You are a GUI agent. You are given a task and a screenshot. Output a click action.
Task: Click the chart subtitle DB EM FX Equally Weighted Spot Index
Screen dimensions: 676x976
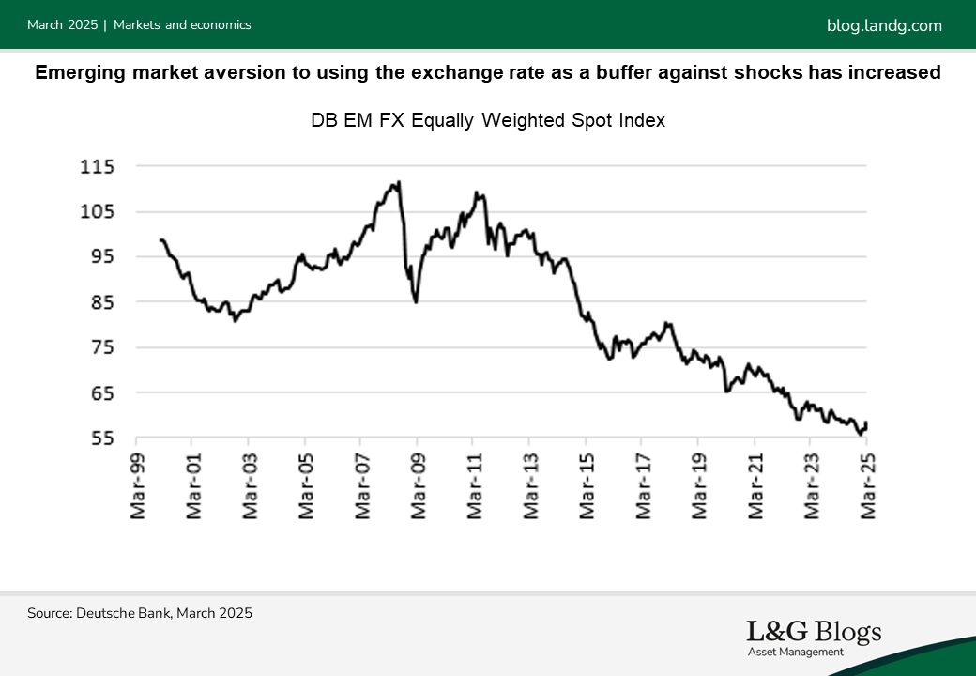pyautogui.click(x=487, y=120)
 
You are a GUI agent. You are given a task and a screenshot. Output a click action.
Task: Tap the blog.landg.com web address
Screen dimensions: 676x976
pyautogui.click(x=884, y=25)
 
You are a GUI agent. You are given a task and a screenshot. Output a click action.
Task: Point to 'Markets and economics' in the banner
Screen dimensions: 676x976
pyautogui.click(x=182, y=25)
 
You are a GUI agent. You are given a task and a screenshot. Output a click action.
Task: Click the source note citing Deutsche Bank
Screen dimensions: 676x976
pyautogui.click(x=140, y=613)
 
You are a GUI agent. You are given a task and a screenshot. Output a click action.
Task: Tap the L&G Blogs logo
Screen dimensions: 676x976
pyautogui.click(x=814, y=632)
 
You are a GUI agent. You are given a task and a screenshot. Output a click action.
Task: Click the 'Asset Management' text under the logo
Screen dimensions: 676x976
pyautogui.click(x=795, y=652)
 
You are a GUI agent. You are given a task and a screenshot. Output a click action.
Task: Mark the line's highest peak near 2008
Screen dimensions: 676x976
pyautogui.click(x=400, y=182)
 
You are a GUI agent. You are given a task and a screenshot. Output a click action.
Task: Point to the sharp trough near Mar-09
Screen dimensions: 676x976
pyautogui.click(x=416, y=301)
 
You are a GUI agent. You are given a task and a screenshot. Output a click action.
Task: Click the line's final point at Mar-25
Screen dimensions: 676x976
pyautogui.click(x=866, y=423)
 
